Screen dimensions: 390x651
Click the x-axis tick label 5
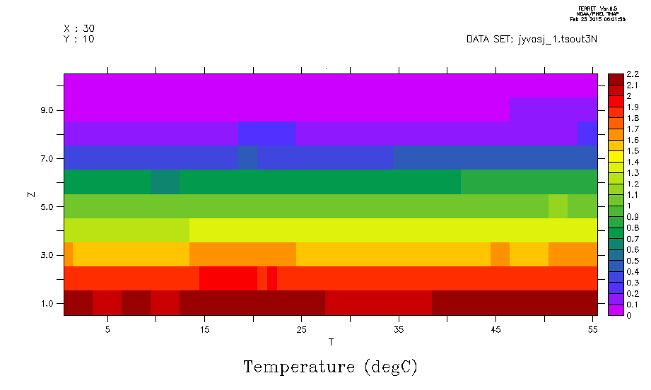[x=107, y=329]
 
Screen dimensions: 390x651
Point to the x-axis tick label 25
[x=301, y=329]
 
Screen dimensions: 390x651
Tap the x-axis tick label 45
[x=495, y=329]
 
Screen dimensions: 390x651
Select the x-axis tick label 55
[x=592, y=329]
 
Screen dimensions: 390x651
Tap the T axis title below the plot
[x=331, y=343]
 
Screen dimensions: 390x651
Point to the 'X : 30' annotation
[x=79, y=28]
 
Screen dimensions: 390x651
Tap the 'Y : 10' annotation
[x=79, y=40]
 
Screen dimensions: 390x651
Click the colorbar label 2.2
[x=633, y=74]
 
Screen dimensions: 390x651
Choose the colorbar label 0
[x=629, y=315]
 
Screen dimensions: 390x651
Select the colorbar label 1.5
[x=633, y=150]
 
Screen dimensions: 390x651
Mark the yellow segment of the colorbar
[x=614, y=156]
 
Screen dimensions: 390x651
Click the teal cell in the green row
[x=165, y=182]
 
